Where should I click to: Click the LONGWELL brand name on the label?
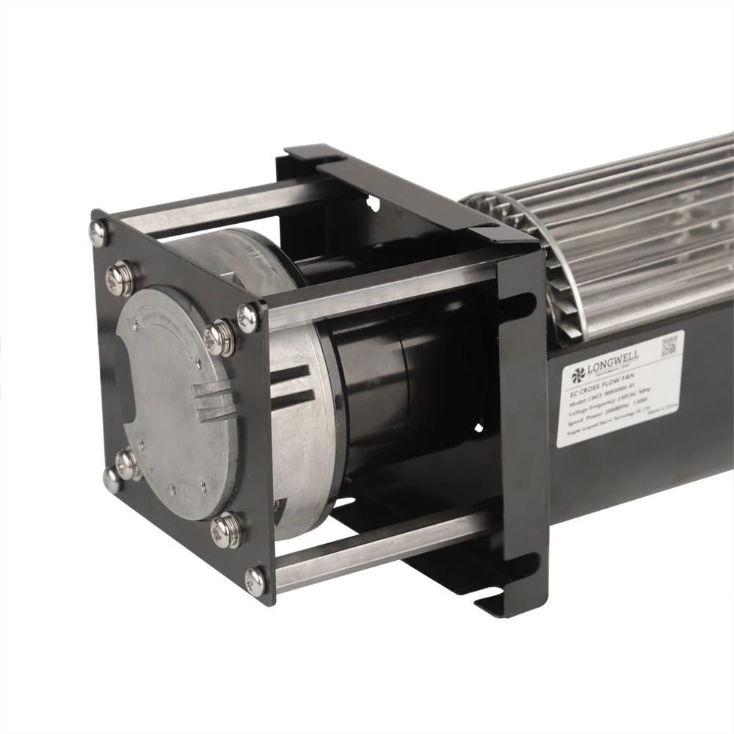pyautogui.click(x=615, y=357)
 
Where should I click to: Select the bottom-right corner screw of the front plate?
pyautogui.click(x=255, y=580)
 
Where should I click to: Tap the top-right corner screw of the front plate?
pyautogui.click(x=247, y=317)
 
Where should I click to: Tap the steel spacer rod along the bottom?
pyautogui.click(x=382, y=556)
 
